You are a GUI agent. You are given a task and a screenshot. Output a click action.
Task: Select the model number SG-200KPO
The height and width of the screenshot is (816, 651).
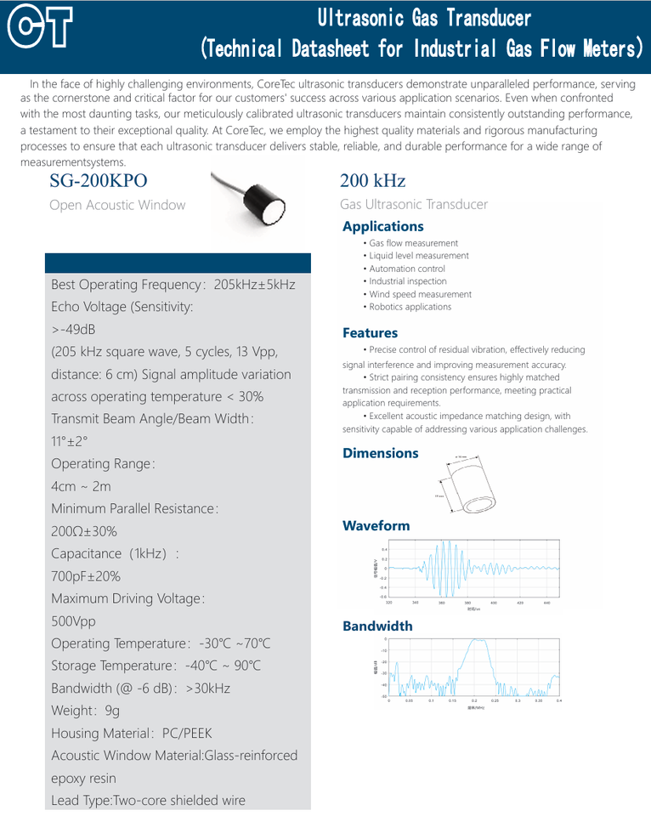coord(99,181)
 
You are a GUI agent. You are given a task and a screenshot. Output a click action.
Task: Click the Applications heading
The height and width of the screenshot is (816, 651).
coord(382,226)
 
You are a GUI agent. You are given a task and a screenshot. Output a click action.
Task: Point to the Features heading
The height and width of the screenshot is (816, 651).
coord(370,333)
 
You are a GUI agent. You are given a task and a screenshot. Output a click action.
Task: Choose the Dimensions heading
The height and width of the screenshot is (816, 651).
coord(380,453)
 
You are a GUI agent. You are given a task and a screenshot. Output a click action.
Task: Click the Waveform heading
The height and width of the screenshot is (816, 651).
coord(376,526)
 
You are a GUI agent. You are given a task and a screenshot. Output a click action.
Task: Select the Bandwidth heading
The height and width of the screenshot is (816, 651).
coord(377,626)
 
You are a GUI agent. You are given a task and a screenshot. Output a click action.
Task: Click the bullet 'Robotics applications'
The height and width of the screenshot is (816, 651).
coord(410,307)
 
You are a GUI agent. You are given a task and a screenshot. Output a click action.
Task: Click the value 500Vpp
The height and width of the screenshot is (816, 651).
coord(74,621)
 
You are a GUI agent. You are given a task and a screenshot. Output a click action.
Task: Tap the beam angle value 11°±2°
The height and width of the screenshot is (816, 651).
coord(70,441)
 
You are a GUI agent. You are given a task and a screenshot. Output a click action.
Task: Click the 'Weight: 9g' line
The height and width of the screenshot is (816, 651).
coord(86,711)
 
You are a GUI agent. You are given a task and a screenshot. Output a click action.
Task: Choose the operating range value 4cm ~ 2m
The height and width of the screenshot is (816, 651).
coord(81,486)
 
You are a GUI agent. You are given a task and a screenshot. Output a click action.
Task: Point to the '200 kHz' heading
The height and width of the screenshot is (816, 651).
coord(372,181)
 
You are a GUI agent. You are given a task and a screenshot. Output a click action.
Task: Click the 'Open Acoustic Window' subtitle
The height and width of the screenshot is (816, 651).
coord(117,205)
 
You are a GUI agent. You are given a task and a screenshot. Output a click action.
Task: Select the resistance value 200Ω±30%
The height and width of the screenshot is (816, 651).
coord(84,531)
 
